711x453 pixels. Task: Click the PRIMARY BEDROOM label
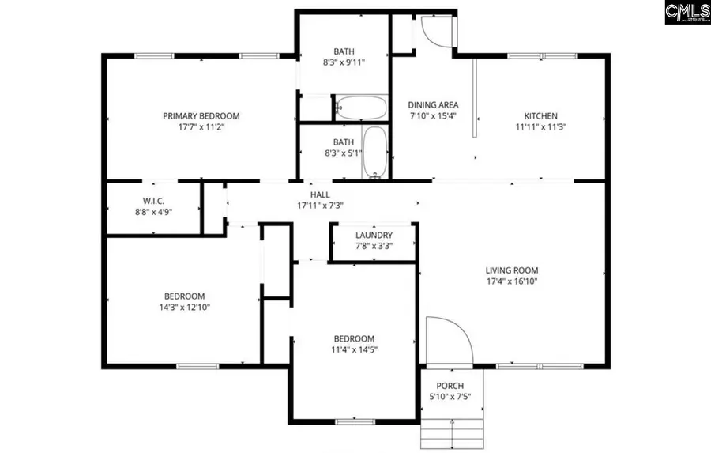coord(201,116)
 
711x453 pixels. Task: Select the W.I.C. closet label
coord(152,200)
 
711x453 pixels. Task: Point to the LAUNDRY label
coord(374,236)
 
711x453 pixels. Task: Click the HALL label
coord(319,194)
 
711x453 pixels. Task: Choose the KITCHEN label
coord(541,116)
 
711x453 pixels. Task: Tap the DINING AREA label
coord(433,105)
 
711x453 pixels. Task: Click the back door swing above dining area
coord(434,30)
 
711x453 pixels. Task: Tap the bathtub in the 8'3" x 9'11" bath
coord(360,108)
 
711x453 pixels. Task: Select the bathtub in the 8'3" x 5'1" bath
coord(374,152)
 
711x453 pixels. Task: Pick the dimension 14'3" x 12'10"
coord(184,308)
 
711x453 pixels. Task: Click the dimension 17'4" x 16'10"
coord(512,281)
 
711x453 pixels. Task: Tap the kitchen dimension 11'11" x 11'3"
coord(541,127)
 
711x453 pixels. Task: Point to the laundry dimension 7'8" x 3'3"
coord(374,247)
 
